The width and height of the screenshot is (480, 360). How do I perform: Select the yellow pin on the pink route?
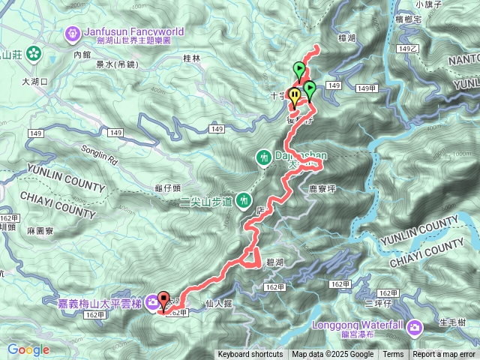pyautogui.click(x=295, y=96)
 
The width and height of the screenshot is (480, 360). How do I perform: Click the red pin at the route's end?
pyautogui.click(x=163, y=301)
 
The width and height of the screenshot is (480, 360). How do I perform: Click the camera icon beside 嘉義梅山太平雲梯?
pyautogui.click(x=153, y=302)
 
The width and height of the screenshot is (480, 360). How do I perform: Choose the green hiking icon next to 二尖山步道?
pyautogui.click(x=243, y=200)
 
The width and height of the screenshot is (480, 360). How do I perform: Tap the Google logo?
pyautogui.click(x=28, y=349)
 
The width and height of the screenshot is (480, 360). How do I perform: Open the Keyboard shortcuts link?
pyautogui.click(x=250, y=355)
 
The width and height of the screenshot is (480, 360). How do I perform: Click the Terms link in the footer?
pyautogui.click(x=393, y=355)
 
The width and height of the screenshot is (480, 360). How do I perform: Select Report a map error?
pyautogui.click(x=444, y=355)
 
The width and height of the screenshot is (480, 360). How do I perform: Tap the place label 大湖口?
pyautogui.click(x=34, y=81)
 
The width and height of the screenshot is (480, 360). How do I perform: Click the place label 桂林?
pyautogui.click(x=192, y=58)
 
